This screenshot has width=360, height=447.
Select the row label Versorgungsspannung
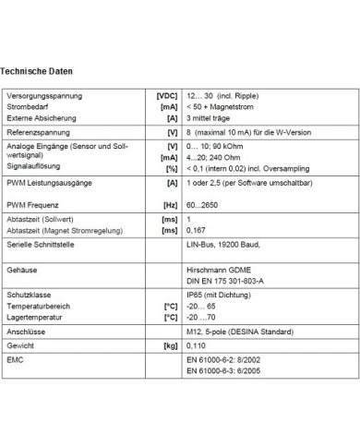click(x=44, y=96)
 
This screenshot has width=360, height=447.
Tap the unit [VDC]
click(x=166, y=96)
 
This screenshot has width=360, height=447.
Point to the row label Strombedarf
click(x=29, y=107)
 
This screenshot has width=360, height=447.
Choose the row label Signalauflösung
click(x=35, y=168)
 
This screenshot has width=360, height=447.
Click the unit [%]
click(x=171, y=168)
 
